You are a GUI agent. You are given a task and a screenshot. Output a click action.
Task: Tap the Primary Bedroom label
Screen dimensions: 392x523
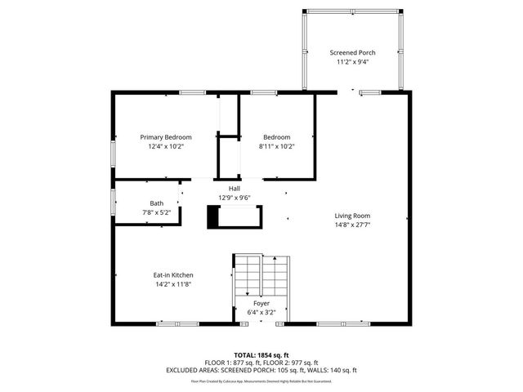166,136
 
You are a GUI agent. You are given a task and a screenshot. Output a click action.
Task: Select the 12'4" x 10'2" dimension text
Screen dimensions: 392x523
166,146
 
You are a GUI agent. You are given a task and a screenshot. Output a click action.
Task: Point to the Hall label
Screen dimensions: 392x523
234,188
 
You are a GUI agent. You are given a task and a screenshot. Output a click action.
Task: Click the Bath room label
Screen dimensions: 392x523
156,203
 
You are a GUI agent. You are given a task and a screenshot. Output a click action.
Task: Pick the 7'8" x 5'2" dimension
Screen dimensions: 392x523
156,212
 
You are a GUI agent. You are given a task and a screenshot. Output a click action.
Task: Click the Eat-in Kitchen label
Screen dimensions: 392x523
173,275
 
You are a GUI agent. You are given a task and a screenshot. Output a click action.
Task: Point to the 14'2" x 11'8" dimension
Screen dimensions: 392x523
173,285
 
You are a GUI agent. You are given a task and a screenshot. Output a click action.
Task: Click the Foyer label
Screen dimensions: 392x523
261,303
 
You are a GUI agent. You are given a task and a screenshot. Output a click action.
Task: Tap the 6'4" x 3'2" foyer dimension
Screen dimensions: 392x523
261,312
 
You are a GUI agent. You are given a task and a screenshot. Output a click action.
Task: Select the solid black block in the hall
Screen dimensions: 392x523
214,216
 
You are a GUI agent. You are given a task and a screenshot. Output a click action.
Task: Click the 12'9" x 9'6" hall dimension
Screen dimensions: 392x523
234,198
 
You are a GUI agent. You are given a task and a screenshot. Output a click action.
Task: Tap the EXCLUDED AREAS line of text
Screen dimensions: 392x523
261,369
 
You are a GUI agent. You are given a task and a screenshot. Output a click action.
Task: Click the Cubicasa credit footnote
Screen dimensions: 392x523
261,381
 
